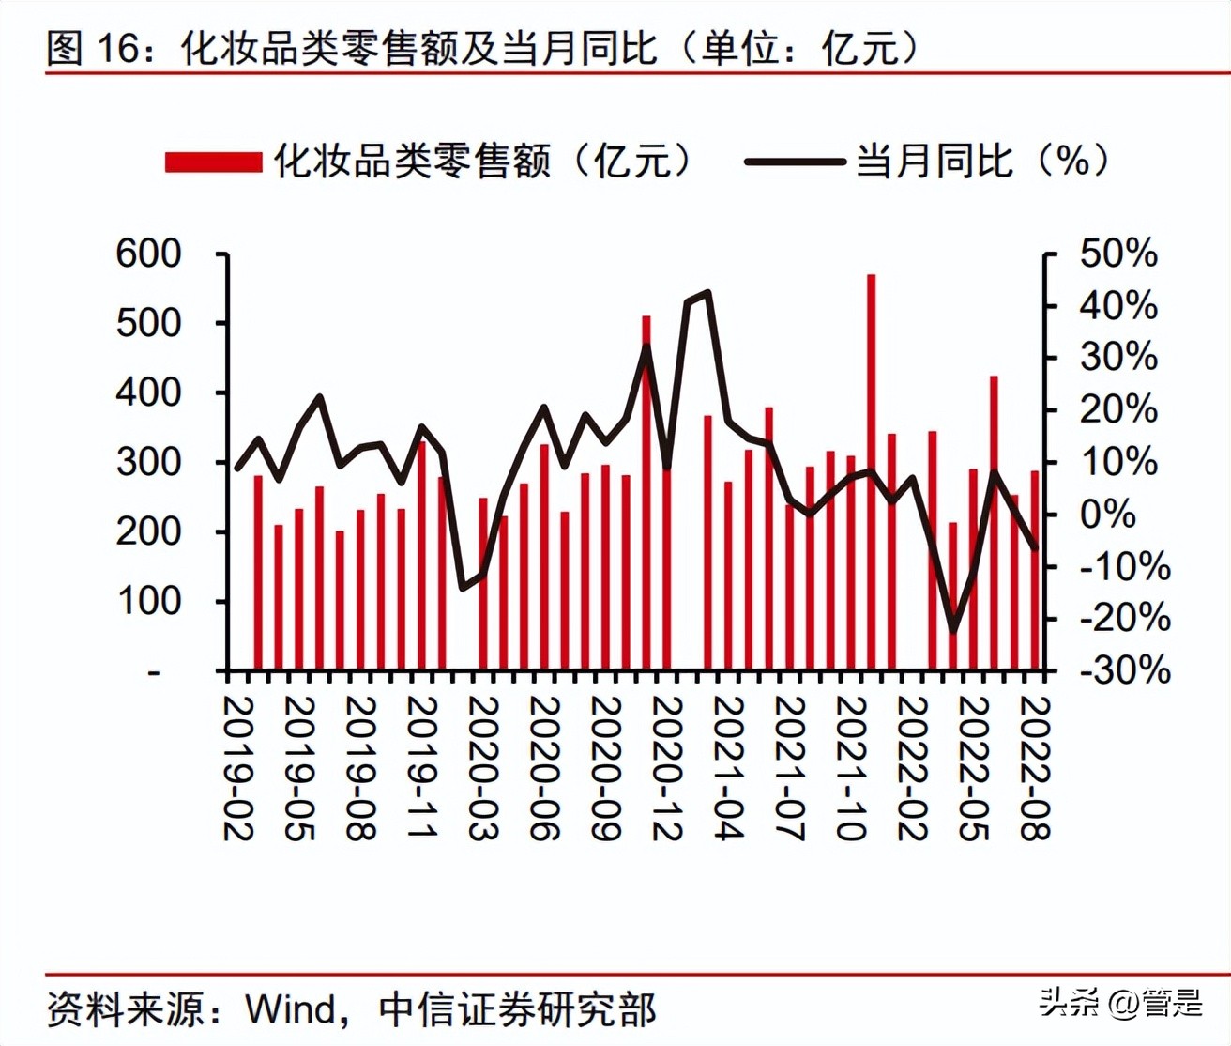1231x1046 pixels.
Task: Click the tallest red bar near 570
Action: coord(871,469)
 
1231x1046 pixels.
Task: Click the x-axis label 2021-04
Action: coord(728,768)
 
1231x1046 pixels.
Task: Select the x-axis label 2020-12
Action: coord(666,768)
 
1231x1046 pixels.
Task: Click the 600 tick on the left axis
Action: coord(148,254)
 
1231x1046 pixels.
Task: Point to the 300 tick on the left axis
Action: coord(148,462)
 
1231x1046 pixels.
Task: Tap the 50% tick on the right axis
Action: coord(1118,254)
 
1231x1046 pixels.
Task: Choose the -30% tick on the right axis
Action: coord(1124,670)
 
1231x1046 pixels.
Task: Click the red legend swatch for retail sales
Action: coord(213,162)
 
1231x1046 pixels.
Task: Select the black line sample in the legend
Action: coord(794,162)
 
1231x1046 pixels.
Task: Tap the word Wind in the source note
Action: coord(291,1009)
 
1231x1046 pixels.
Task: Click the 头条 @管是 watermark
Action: coord(1120,1003)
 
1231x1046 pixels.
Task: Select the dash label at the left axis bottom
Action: coord(154,672)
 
